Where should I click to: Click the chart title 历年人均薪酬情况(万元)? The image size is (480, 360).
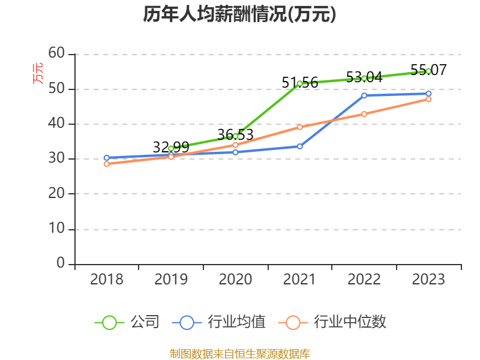point(239,14)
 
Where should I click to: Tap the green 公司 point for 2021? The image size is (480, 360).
point(299,83)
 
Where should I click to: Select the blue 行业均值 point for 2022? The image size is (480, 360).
point(364,95)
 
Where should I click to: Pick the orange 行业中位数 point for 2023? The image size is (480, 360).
point(428,99)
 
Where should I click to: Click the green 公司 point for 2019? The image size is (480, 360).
point(171,148)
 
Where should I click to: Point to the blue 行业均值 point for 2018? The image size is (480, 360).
point(107,158)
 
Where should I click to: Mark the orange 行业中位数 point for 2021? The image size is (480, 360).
point(299,127)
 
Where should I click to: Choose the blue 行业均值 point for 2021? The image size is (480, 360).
point(299,146)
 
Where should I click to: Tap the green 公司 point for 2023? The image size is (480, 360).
point(428,71)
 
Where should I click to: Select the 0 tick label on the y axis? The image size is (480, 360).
point(60,263)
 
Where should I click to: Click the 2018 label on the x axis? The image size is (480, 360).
point(107,279)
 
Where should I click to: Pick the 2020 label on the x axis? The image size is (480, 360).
point(235,279)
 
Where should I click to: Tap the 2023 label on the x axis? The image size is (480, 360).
point(428,279)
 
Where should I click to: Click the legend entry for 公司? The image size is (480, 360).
point(128,322)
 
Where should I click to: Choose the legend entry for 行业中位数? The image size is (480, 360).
point(332,322)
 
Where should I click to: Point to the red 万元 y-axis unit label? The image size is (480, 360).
point(38,73)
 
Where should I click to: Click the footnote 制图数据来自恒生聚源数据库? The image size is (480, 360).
point(239,353)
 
